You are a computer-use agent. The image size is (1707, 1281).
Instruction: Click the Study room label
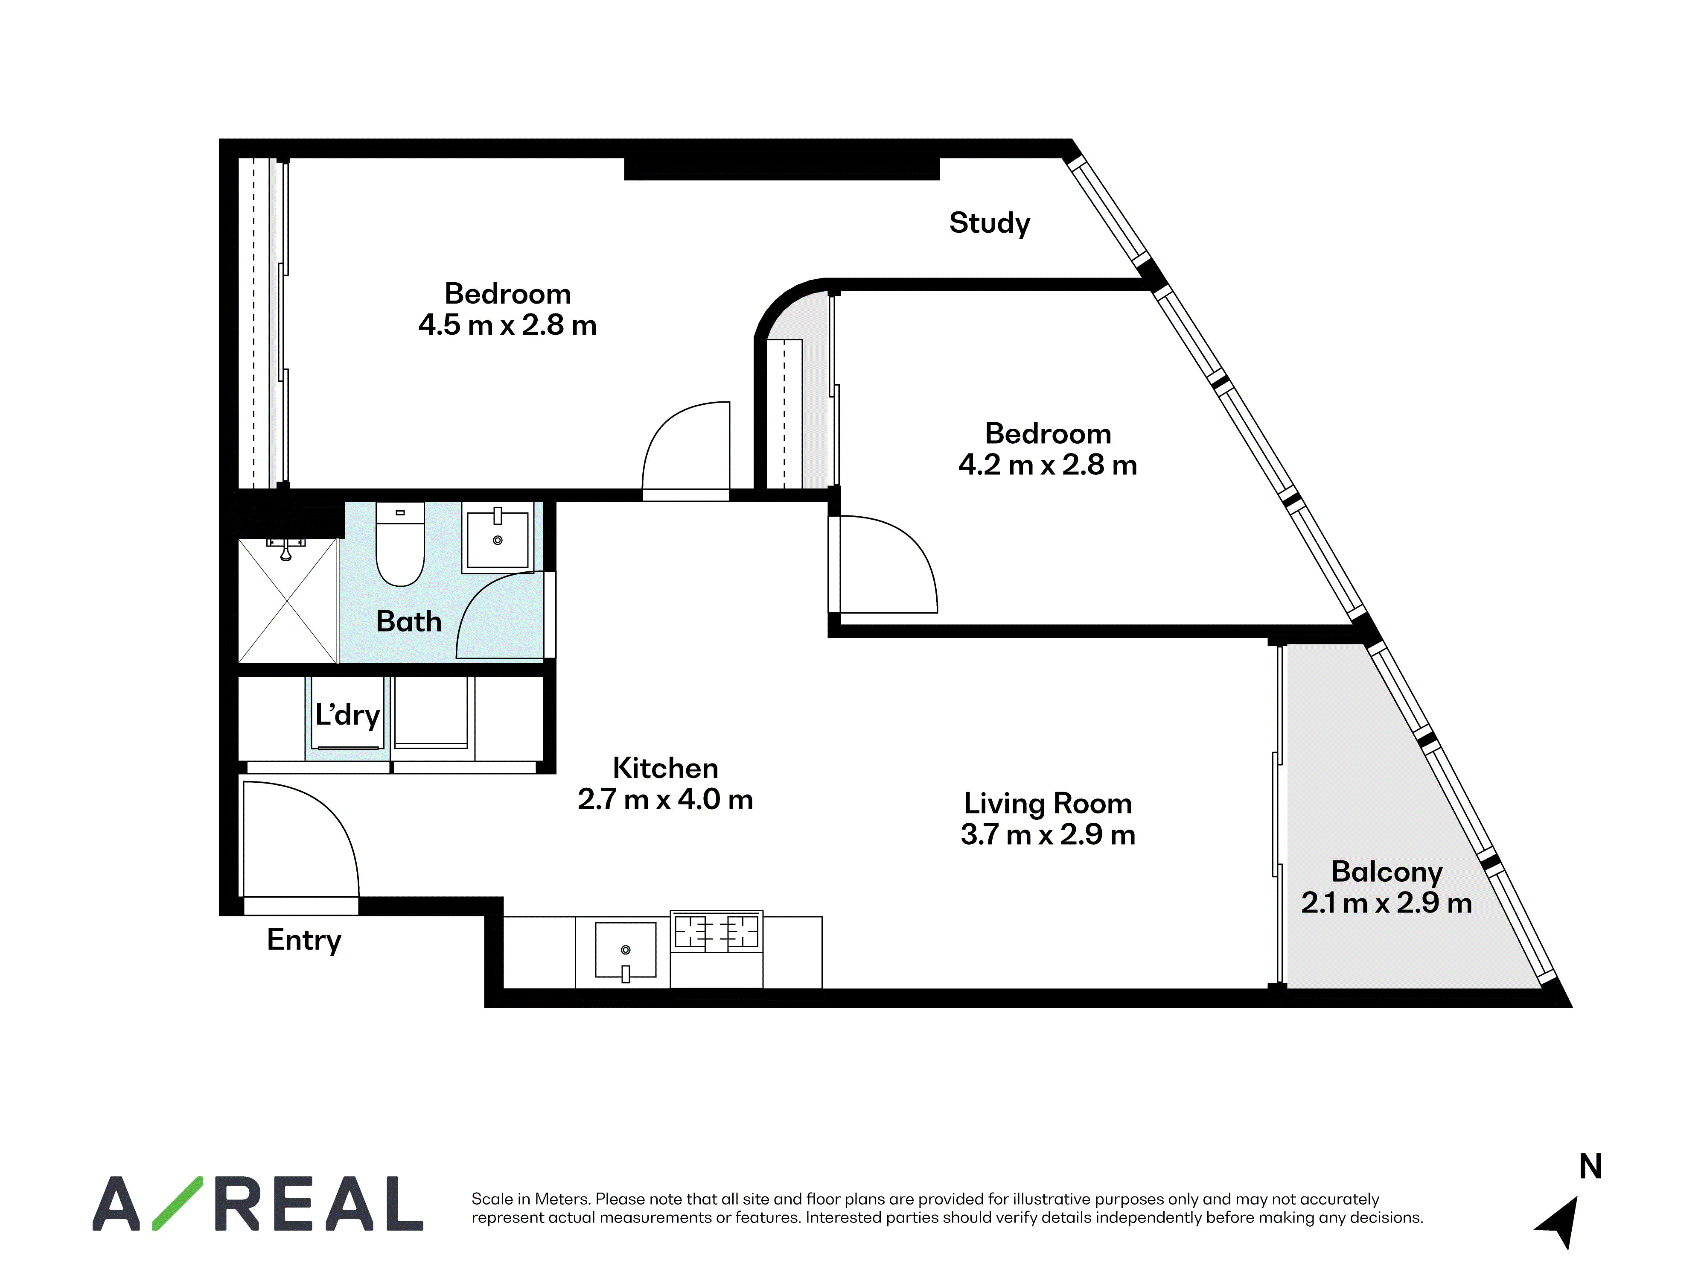pyautogui.click(x=989, y=223)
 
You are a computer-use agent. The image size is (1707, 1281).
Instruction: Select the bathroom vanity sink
pyautogui.click(x=498, y=538)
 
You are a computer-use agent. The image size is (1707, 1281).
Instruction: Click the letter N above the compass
pyautogui.click(x=1590, y=1166)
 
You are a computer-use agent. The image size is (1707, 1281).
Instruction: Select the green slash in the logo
pyautogui.click(x=178, y=1203)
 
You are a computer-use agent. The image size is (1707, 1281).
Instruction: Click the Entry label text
pyautogui.click(x=304, y=941)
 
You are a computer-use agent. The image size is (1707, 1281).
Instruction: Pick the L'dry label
pyautogui.click(x=347, y=715)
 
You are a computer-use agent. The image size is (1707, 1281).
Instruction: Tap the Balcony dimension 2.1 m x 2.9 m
pyautogui.click(x=1387, y=903)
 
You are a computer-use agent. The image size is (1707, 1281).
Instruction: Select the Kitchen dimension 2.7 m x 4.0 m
pyautogui.click(x=665, y=799)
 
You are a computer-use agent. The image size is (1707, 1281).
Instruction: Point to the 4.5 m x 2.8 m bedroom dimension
pyautogui.click(x=508, y=325)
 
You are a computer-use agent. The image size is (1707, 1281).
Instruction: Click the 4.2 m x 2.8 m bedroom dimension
pyautogui.click(x=1048, y=465)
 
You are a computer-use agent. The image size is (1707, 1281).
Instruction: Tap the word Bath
pyautogui.click(x=409, y=622)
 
